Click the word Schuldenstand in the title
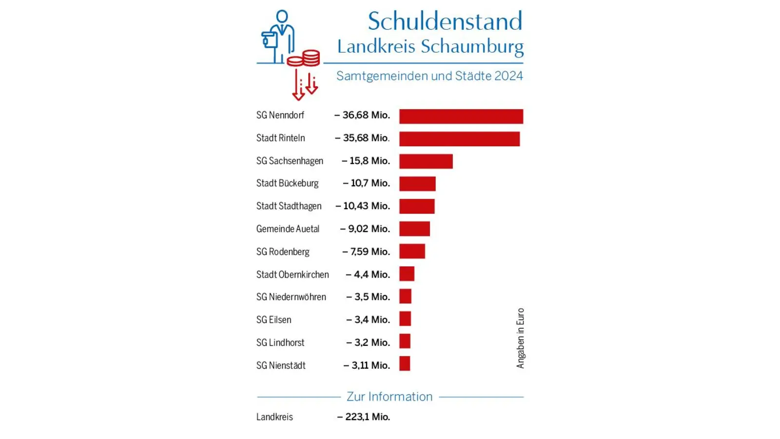click(x=445, y=21)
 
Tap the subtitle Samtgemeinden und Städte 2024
click(x=429, y=76)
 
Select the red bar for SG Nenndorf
click(x=461, y=116)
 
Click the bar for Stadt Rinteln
click(x=459, y=139)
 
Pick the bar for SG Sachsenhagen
click(x=426, y=161)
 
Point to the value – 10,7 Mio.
click(x=366, y=183)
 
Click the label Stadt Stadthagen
click(x=289, y=206)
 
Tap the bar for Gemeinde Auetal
click(x=414, y=229)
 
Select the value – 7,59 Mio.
click(x=366, y=252)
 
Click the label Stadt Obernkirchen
click(x=292, y=275)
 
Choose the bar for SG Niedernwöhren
click(x=405, y=296)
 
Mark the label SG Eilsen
click(x=273, y=320)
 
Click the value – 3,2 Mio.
click(x=368, y=342)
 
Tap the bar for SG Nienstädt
click(x=405, y=363)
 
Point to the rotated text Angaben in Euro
click(x=520, y=338)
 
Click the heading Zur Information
click(x=390, y=397)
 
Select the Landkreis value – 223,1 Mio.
click(x=364, y=417)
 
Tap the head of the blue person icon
click(x=282, y=17)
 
